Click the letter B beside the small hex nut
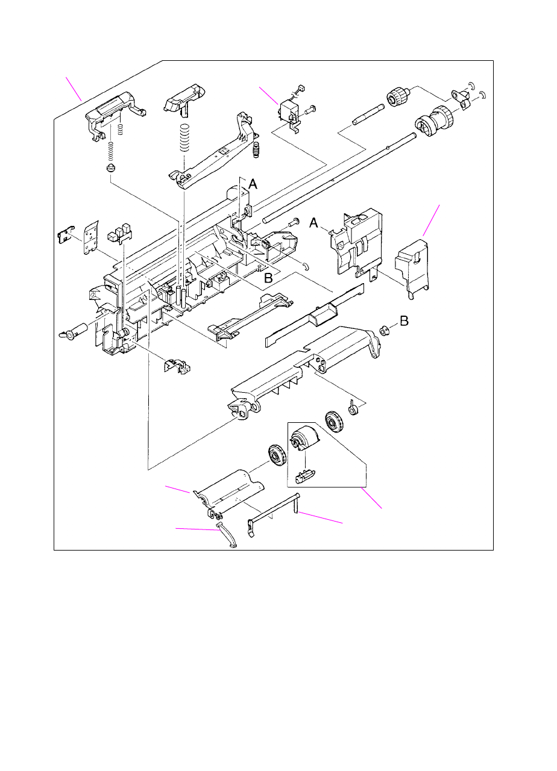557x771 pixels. pos(404,322)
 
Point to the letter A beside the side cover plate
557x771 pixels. pos(315,223)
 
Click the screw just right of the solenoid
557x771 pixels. pos(311,110)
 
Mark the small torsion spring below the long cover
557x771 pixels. pos(355,409)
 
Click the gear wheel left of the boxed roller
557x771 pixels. pos(276,456)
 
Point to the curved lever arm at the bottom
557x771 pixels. pos(227,535)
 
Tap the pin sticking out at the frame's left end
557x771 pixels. pos(74,331)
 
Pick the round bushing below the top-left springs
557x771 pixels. pos(110,168)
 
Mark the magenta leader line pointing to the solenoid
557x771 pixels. pos(268,96)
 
